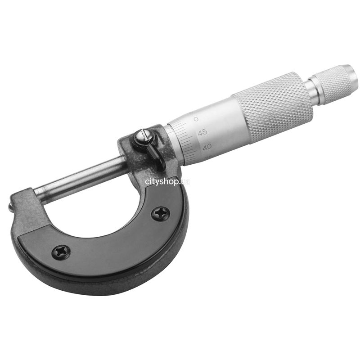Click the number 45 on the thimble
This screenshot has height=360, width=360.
point(202,132)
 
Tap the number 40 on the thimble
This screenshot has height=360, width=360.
point(207,147)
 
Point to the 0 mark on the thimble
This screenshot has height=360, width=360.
point(196,119)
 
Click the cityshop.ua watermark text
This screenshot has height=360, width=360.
point(167,182)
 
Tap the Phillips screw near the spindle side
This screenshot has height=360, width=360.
point(161,214)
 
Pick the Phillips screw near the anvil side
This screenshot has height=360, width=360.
point(61,252)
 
